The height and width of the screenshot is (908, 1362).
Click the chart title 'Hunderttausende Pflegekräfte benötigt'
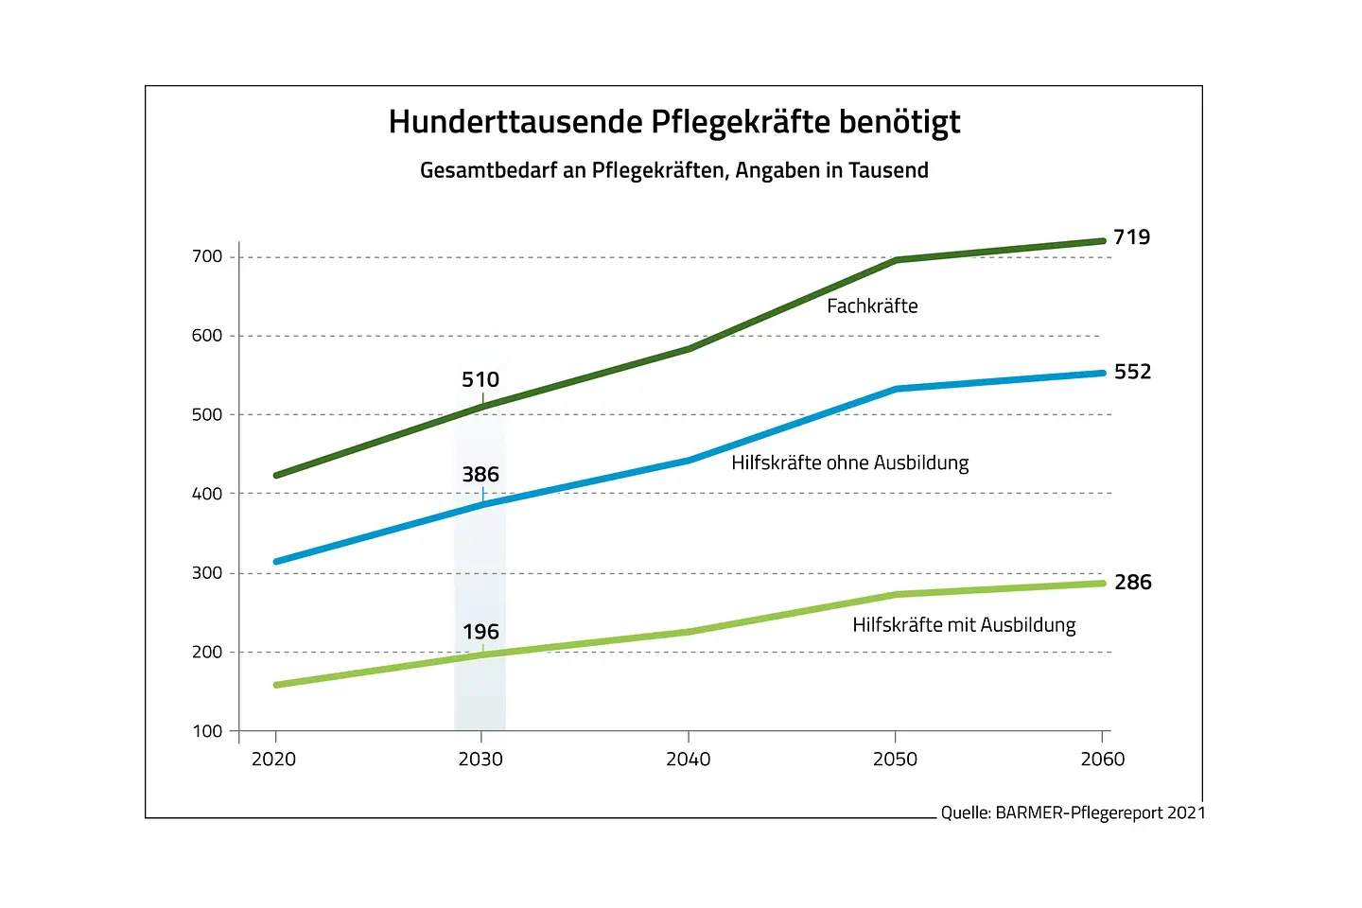point(673,123)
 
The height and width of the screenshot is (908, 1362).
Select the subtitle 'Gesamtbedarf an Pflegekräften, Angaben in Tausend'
point(673,171)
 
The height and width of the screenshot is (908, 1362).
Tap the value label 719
point(1131,237)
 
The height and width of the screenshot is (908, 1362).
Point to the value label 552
point(1132,372)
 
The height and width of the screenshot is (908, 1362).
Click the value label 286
point(1132,583)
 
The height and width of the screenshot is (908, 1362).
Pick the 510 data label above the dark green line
point(480,379)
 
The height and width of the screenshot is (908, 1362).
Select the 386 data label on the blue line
point(480,475)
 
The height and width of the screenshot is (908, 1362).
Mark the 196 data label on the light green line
point(480,632)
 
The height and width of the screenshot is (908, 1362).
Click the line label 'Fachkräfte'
point(872,306)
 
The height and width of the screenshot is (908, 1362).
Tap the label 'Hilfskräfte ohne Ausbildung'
point(849,463)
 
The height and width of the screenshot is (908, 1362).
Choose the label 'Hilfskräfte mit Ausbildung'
point(964,625)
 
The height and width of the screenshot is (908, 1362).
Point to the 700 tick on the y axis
point(207,257)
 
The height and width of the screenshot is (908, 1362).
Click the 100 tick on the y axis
point(207,731)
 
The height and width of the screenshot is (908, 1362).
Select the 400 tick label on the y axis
point(207,494)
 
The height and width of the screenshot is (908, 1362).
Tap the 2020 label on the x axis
point(274,760)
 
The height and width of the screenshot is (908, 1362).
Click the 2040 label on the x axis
point(688,760)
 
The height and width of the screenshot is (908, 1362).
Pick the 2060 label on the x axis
point(1103,760)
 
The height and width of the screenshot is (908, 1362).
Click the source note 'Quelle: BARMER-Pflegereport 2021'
point(1073,813)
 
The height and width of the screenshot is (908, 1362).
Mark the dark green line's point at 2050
point(896,260)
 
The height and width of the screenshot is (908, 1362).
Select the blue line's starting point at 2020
point(276,562)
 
